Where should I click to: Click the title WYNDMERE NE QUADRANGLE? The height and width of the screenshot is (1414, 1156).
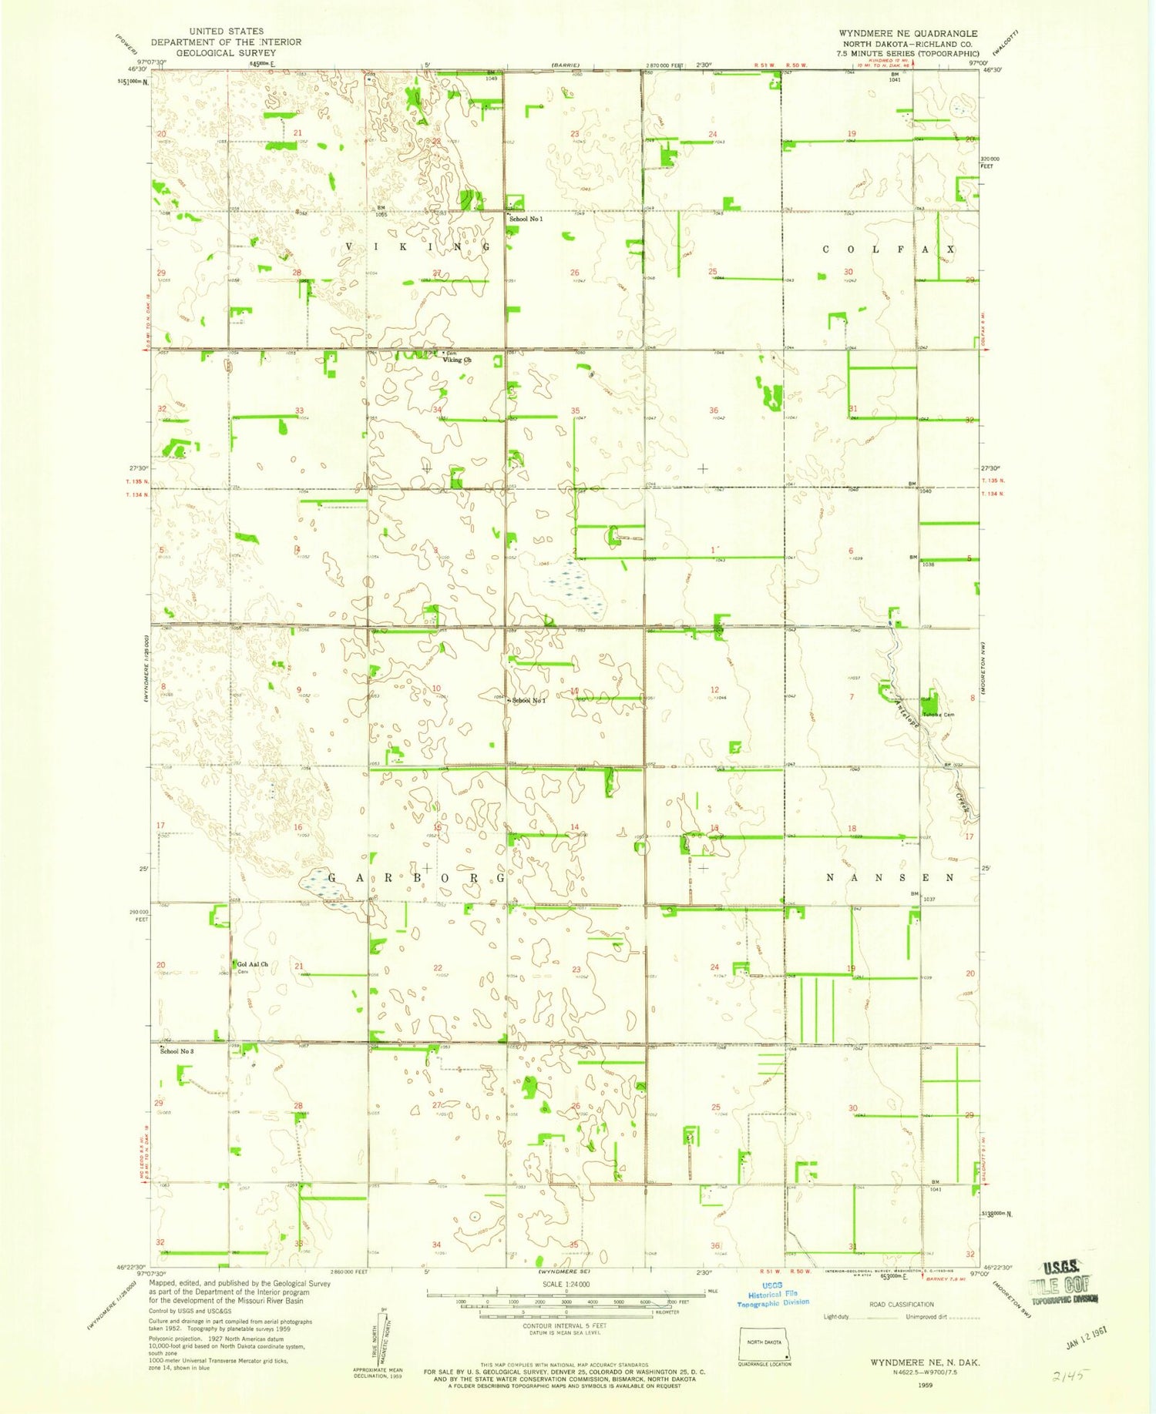[908, 33]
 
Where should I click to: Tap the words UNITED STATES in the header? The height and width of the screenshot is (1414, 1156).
[226, 32]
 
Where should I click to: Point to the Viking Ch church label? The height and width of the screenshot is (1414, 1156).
[457, 360]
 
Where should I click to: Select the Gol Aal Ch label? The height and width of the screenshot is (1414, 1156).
[253, 964]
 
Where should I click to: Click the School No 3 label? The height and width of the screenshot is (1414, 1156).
[176, 1051]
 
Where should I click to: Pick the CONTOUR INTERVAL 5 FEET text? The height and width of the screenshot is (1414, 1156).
[566, 1325]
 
